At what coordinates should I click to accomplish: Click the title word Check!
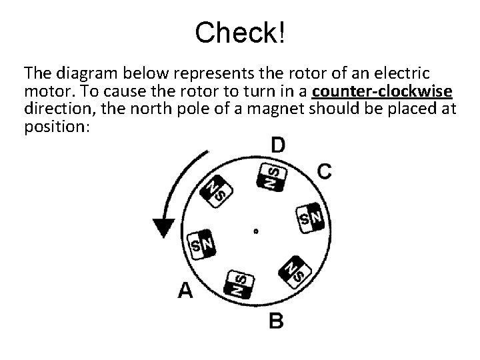coord(240,31)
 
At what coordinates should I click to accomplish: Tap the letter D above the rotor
coord(279,145)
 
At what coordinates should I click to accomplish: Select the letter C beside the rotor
coord(324,171)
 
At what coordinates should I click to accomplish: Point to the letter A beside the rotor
coord(185,290)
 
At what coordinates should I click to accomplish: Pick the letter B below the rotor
coord(275,320)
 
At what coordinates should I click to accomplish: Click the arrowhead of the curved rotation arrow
coord(163,227)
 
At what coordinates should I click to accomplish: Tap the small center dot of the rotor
coord(255,232)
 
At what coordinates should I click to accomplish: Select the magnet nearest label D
coord(272,176)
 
